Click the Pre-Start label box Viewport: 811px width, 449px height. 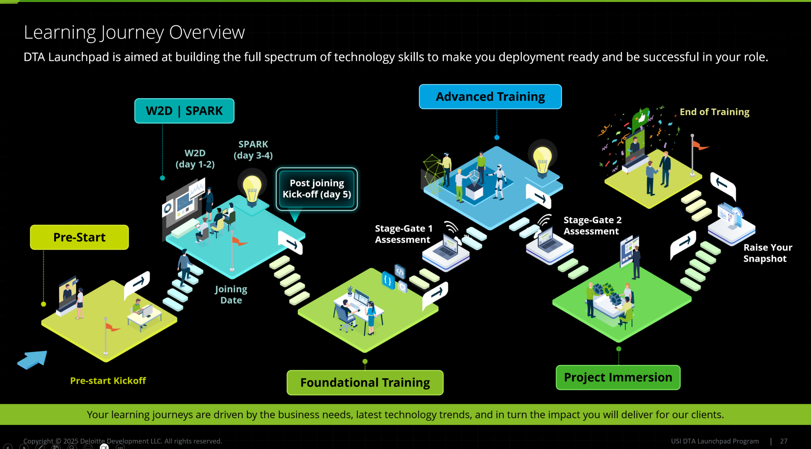pos(79,237)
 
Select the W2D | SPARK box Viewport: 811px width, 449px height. pos(184,111)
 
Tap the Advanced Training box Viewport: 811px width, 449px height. pos(490,97)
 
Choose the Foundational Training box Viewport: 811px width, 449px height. pos(365,383)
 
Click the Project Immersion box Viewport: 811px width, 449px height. pos(618,377)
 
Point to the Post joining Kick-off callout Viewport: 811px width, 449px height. pos(317,189)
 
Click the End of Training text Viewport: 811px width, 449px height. pos(714,112)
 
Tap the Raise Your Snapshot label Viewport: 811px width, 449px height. pos(768,253)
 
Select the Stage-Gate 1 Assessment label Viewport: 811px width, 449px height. pos(403,234)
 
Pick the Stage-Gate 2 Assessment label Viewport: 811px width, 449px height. pos(592,225)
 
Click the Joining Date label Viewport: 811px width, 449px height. pos(231,294)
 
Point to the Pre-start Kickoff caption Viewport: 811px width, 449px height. pos(108,381)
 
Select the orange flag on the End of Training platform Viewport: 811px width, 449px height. pos(699,146)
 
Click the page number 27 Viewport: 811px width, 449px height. pos(783,441)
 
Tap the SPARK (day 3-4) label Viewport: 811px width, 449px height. pos(253,150)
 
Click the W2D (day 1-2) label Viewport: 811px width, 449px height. pos(195,159)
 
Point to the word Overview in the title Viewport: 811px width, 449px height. pos(207,32)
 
